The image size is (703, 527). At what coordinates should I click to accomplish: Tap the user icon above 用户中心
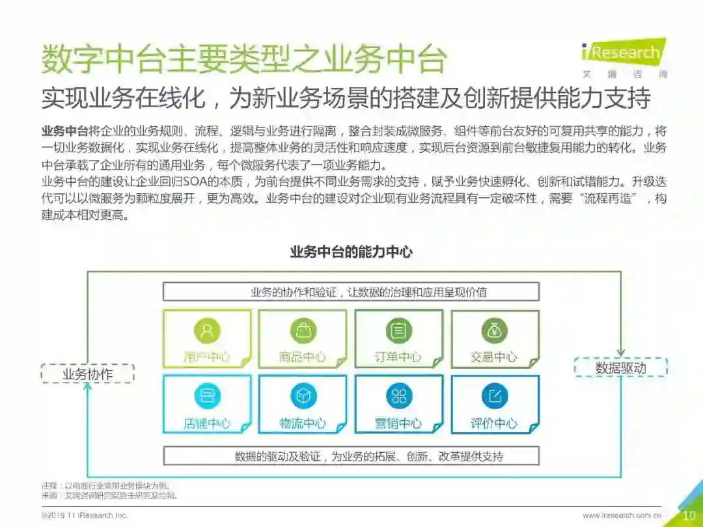pyautogui.click(x=207, y=331)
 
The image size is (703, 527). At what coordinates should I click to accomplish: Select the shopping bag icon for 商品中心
pyautogui.click(x=303, y=331)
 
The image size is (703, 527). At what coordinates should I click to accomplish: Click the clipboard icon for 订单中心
pyautogui.click(x=398, y=331)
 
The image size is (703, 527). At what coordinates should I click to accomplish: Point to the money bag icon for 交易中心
pyautogui.click(x=494, y=331)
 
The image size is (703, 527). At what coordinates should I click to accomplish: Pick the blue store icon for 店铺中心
pyautogui.click(x=207, y=396)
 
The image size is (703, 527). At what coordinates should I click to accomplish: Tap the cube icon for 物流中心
pyautogui.click(x=303, y=396)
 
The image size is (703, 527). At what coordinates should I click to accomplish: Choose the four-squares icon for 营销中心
pyautogui.click(x=398, y=396)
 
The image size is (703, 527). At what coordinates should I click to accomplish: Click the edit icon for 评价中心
pyautogui.click(x=494, y=396)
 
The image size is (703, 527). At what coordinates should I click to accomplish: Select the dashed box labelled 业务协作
pyautogui.click(x=87, y=373)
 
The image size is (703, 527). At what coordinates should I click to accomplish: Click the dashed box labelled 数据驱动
pyautogui.click(x=620, y=368)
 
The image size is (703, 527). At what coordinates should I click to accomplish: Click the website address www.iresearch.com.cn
pyautogui.click(x=622, y=515)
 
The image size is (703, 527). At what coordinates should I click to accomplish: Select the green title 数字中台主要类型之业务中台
pyautogui.click(x=243, y=61)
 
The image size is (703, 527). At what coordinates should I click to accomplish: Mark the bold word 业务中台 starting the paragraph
pyautogui.click(x=64, y=130)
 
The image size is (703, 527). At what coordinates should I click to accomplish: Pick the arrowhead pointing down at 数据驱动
pyautogui.click(x=620, y=351)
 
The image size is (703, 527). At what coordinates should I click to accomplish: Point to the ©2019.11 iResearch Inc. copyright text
pyautogui.click(x=84, y=515)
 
